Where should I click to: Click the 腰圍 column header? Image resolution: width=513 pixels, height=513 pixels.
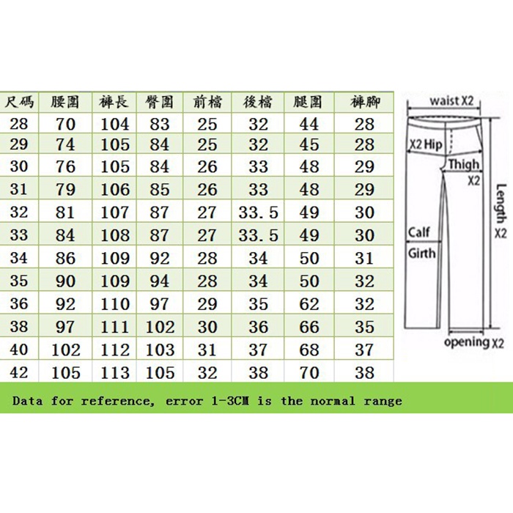(64, 103)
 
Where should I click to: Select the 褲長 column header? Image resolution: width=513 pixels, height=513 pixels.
(114, 103)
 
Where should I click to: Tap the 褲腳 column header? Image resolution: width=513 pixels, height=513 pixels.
(365, 103)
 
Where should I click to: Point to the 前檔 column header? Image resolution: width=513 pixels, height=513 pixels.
(207, 103)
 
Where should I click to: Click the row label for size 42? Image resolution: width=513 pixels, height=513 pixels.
(19, 372)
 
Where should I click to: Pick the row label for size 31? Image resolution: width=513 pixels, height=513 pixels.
(19, 189)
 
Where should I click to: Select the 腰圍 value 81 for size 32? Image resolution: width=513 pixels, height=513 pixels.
(64, 212)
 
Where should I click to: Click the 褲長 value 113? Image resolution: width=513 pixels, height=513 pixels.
(115, 372)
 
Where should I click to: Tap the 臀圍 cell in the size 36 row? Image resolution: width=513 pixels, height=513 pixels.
(160, 303)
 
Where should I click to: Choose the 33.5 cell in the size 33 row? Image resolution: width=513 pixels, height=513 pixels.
(259, 235)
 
